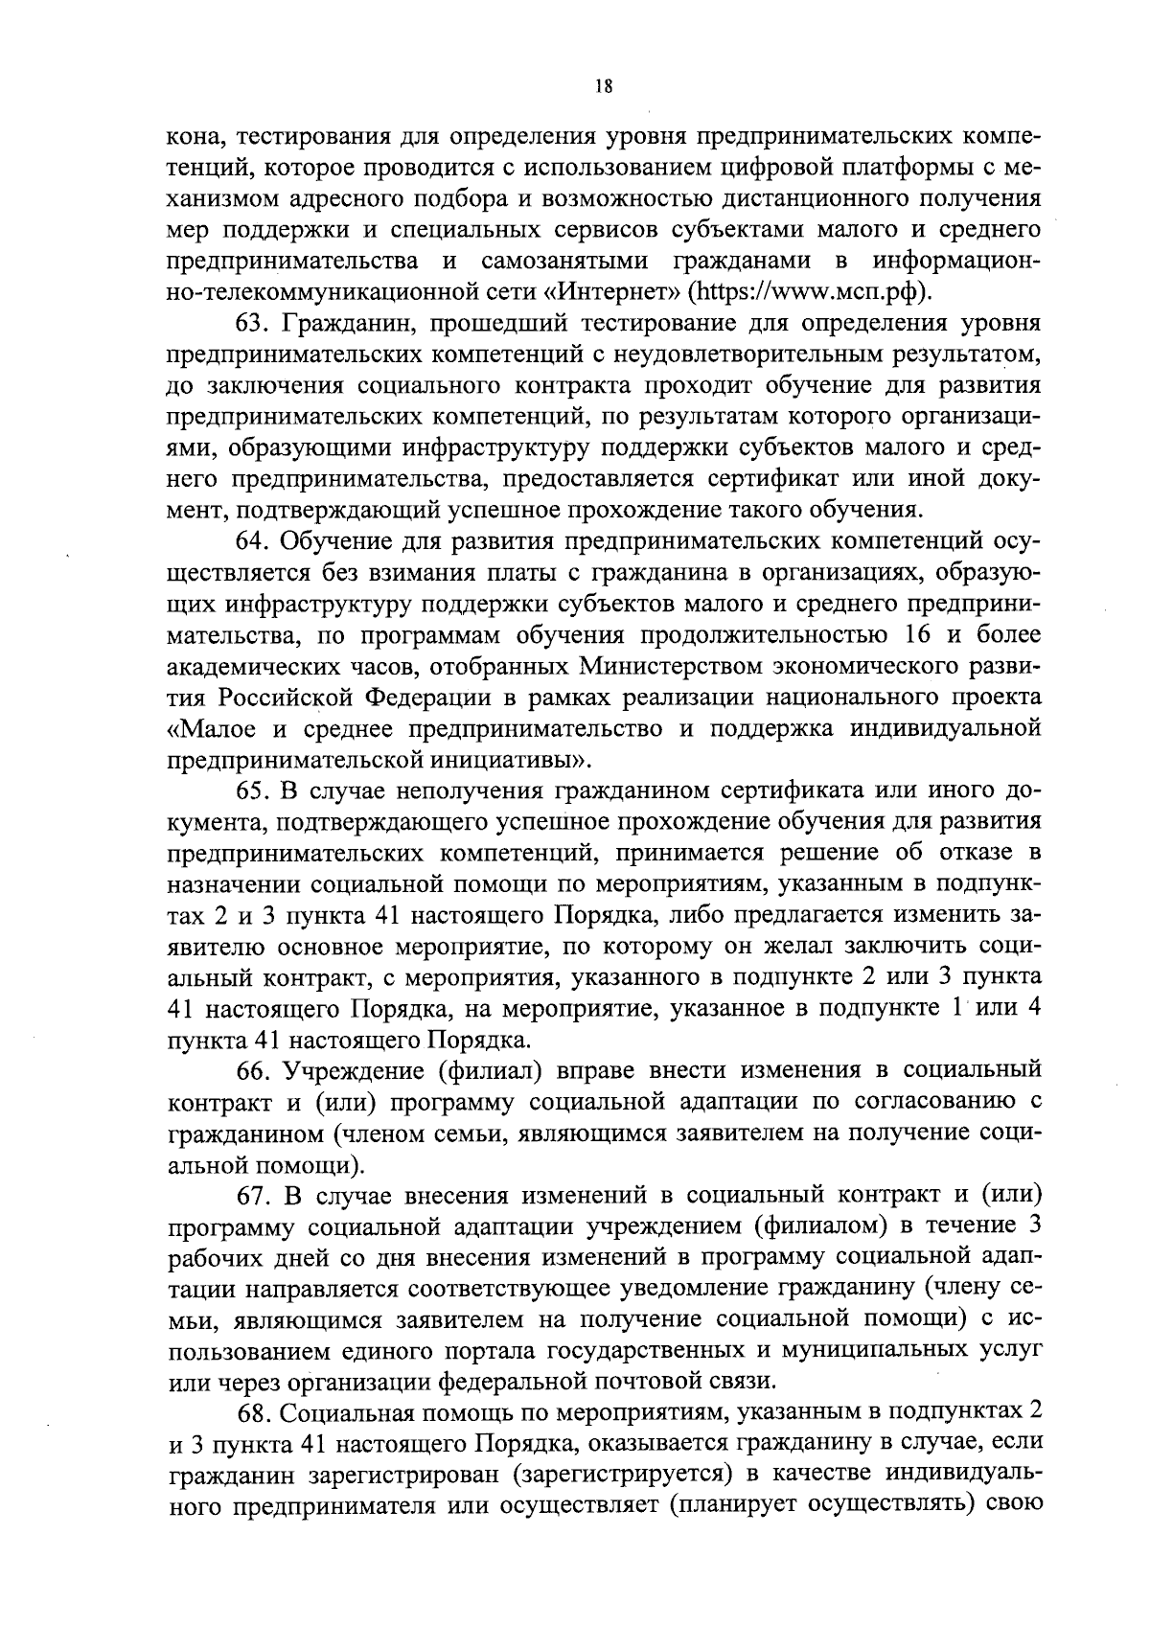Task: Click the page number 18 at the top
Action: [x=603, y=85]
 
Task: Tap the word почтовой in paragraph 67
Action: [x=649, y=1382]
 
